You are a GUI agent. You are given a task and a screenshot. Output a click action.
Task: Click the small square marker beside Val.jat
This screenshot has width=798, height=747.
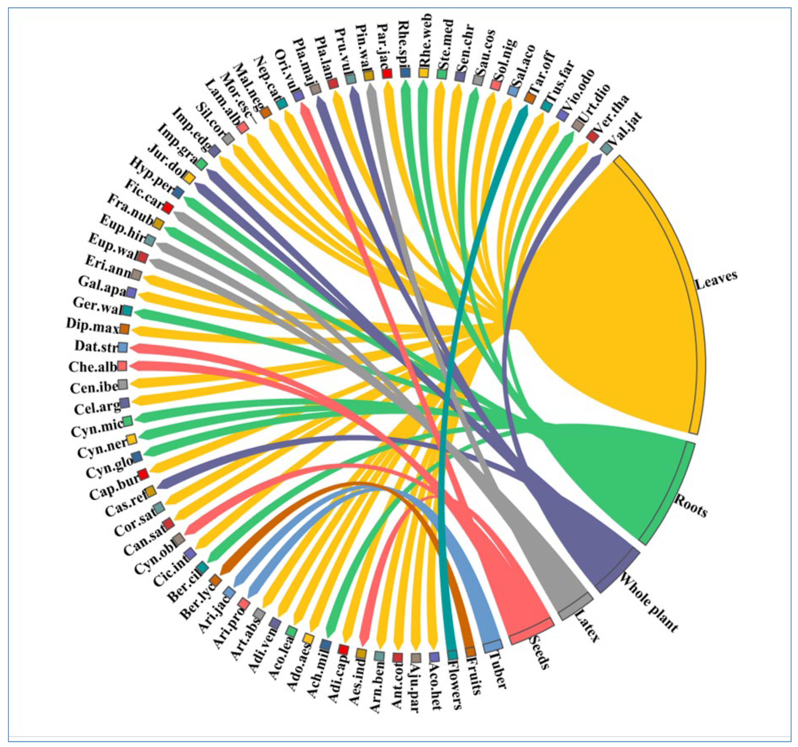(607, 148)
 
